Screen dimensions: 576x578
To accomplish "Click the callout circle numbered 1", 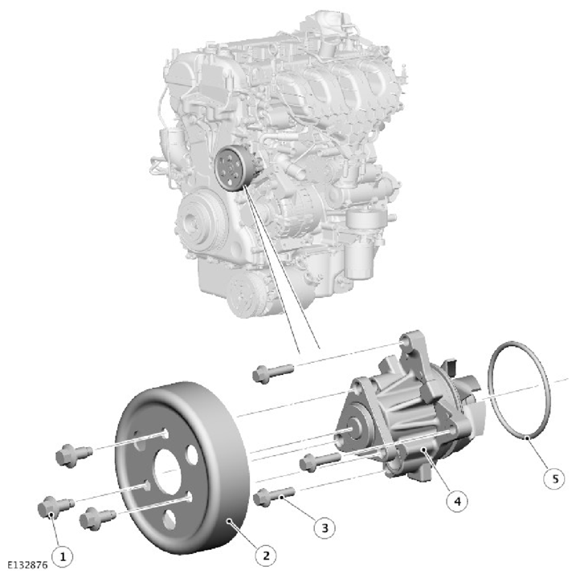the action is [63, 556].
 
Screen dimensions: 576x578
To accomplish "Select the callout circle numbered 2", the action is [266, 556].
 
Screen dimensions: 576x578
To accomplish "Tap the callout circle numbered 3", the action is [325, 528].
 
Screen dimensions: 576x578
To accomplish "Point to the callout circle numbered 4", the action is [457, 501].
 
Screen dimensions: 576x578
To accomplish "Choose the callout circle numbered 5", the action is [554, 478].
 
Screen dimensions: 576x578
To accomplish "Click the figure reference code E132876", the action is [27, 564].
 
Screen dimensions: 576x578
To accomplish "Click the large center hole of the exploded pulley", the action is [168, 472].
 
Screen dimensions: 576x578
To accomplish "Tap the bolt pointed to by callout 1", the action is [56, 507].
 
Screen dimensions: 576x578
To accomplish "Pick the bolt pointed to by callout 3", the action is [273, 496].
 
